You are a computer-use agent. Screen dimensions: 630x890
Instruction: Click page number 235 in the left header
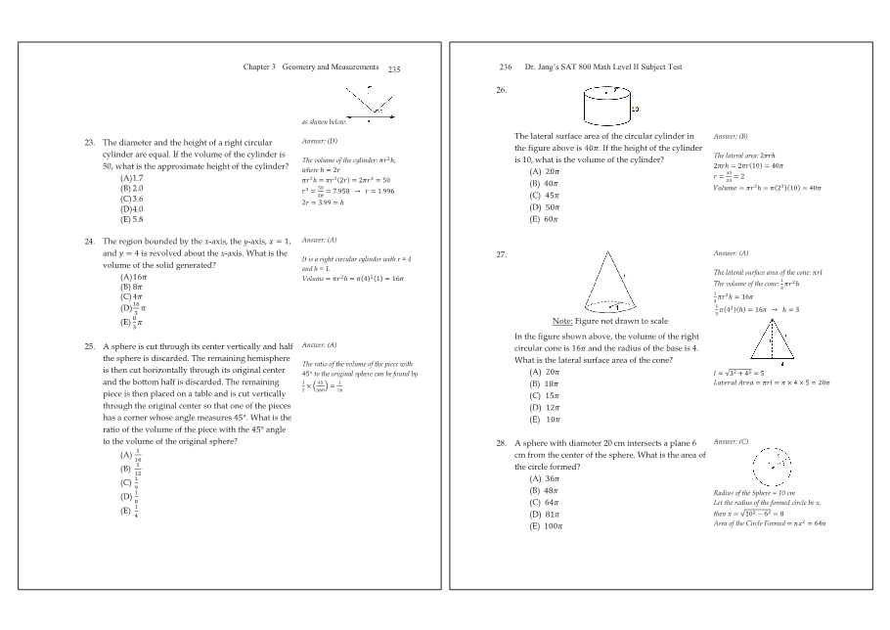[x=394, y=69]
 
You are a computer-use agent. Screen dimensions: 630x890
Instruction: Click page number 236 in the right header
[x=506, y=67]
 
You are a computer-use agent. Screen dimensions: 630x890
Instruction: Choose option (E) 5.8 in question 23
[x=132, y=219]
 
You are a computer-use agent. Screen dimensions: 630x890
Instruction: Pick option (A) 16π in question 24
[x=132, y=277]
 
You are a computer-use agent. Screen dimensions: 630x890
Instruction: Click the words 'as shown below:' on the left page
[x=324, y=123]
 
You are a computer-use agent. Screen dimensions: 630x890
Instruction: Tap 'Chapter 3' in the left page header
[x=259, y=67]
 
